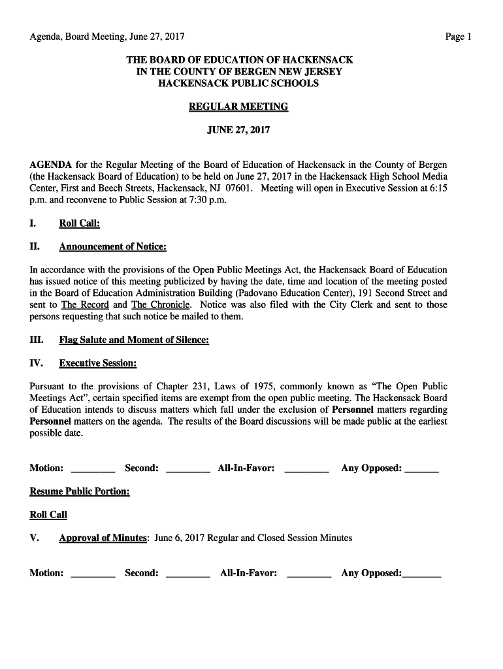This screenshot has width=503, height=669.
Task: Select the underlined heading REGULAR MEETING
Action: [238, 107]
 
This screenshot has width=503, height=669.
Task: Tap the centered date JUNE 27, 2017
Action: [238, 131]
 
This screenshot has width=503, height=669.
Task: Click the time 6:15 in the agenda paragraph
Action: [436, 188]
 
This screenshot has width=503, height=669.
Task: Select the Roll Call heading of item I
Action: [79, 223]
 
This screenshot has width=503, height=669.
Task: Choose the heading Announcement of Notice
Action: [112, 247]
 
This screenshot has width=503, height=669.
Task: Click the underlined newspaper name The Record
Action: [85, 305]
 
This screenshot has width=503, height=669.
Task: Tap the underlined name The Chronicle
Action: [161, 305]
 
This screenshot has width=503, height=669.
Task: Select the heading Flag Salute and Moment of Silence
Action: [134, 340]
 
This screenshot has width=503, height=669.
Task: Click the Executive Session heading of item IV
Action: [98, 363]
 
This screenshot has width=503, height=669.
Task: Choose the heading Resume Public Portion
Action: [80, 491]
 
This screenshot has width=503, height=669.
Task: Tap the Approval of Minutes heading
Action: [103, 538]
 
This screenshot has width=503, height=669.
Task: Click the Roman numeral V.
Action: [35, 538]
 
